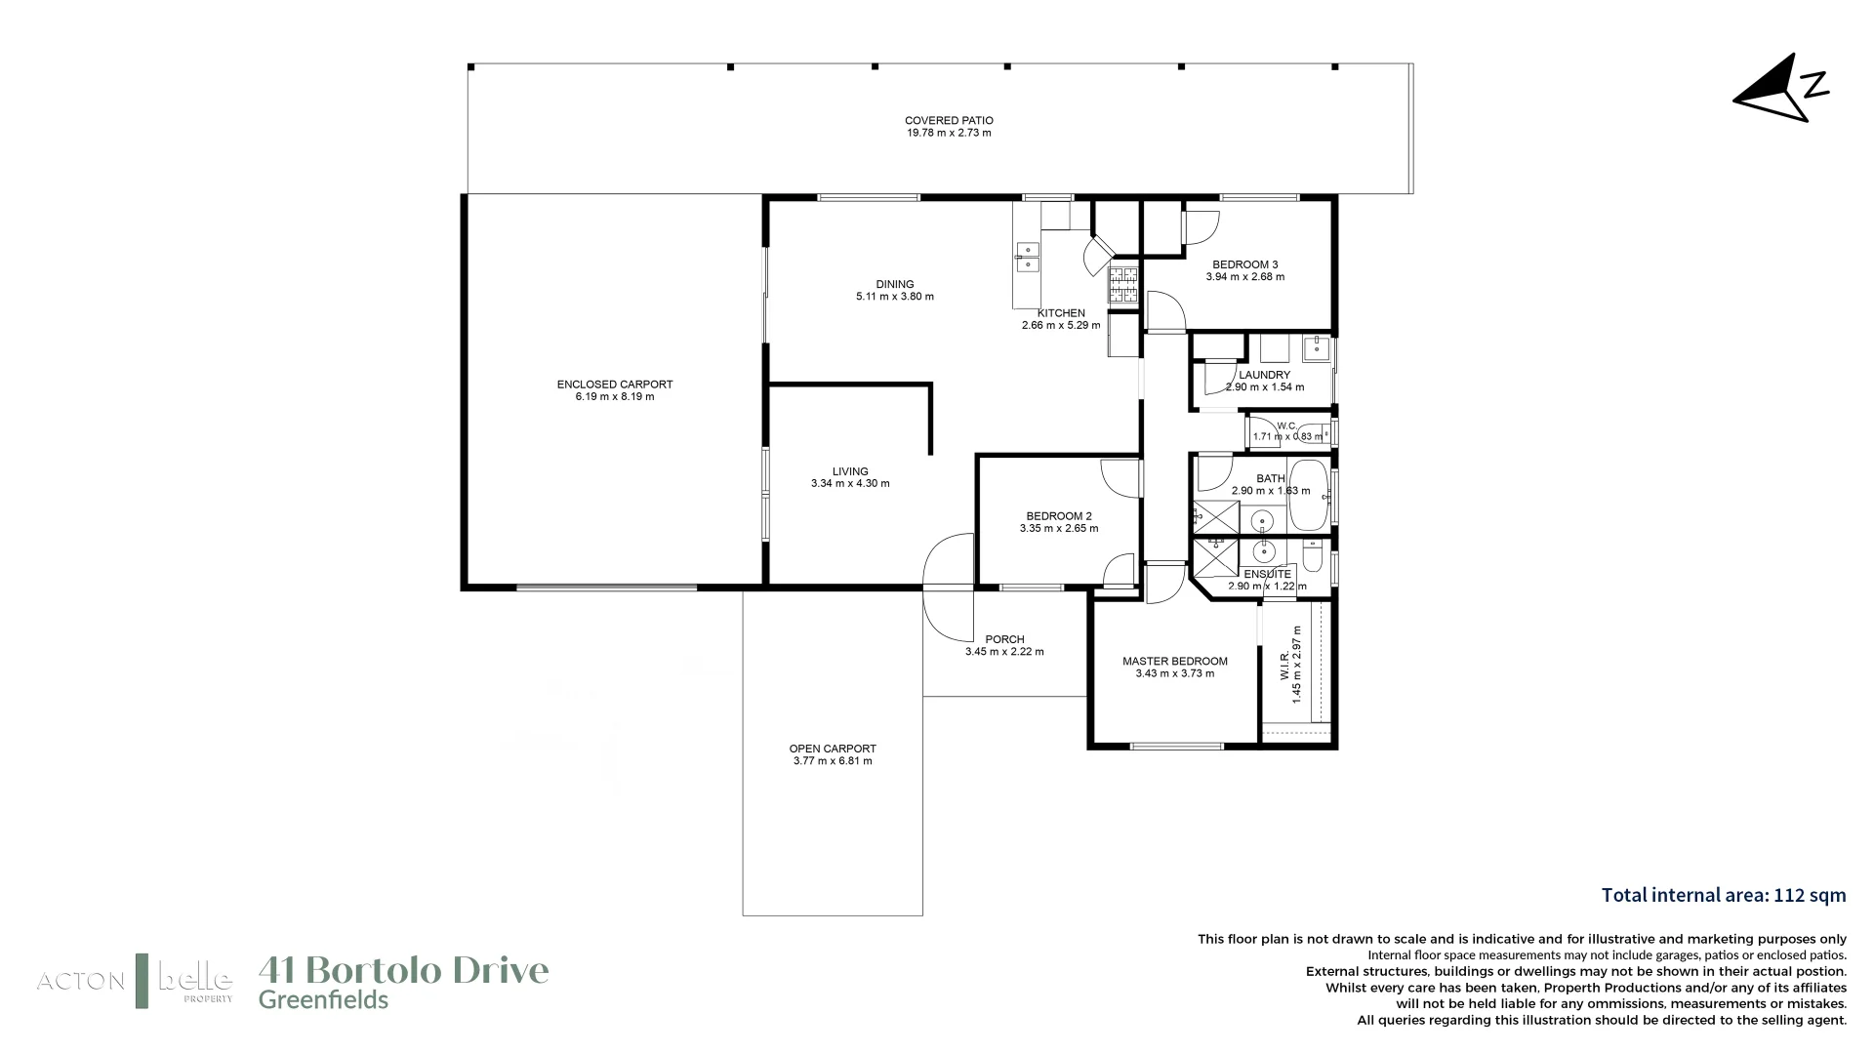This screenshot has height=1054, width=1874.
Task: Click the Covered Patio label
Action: [948, 121]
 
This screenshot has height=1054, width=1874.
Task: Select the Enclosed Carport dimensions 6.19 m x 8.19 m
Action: [615, 397]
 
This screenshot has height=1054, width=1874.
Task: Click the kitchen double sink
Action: [1027, 257]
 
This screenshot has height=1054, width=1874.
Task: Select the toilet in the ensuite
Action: [1312, 558]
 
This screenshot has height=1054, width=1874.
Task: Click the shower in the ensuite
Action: [1215, 556]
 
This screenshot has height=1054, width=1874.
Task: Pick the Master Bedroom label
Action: [1174, 662]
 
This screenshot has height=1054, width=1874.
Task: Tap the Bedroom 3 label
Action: [1244, 264]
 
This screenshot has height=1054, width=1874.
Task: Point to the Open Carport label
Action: [833, 750]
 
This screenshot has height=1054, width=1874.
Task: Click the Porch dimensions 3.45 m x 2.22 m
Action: [1004, 652]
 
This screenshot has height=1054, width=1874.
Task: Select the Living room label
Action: [850, 471]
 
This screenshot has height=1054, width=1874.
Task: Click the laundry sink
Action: [1316, 347]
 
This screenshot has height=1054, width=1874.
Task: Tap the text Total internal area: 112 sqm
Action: [1724, 895]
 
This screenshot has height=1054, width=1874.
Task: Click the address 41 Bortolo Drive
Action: [403, 970]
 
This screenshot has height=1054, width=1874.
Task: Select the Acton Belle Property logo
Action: [135, 980]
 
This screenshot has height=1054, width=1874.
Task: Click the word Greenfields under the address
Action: [323, 1000]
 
